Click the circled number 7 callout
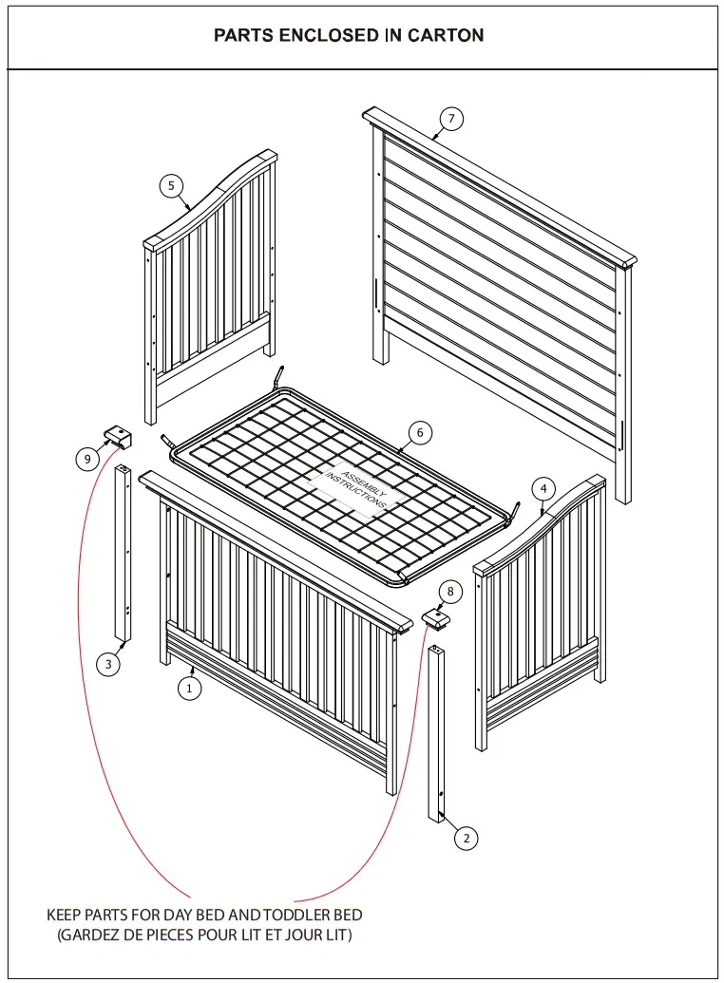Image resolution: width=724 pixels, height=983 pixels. [451, 119]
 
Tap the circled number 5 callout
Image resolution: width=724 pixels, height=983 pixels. [171, 185]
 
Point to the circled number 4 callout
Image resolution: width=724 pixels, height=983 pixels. [543, 488]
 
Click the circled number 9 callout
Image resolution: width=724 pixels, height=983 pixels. [87, 459]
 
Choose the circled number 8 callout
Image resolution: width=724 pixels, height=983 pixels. [449, 591]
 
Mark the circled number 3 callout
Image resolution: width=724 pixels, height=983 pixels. [108, 665]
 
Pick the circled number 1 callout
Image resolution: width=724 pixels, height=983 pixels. [190, 689]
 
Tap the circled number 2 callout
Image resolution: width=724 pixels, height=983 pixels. [466, 838]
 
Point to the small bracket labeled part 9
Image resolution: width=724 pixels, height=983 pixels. [118, 436]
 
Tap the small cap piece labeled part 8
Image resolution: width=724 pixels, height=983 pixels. [435, 619]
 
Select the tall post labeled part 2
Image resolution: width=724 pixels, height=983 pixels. [436, 731]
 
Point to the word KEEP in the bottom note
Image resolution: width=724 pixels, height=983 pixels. [65, 915]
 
